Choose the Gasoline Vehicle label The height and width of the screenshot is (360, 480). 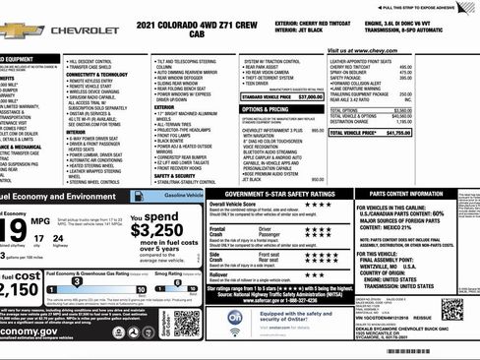point(177,197)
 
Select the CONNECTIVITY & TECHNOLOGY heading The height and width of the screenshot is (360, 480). point(95,75)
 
